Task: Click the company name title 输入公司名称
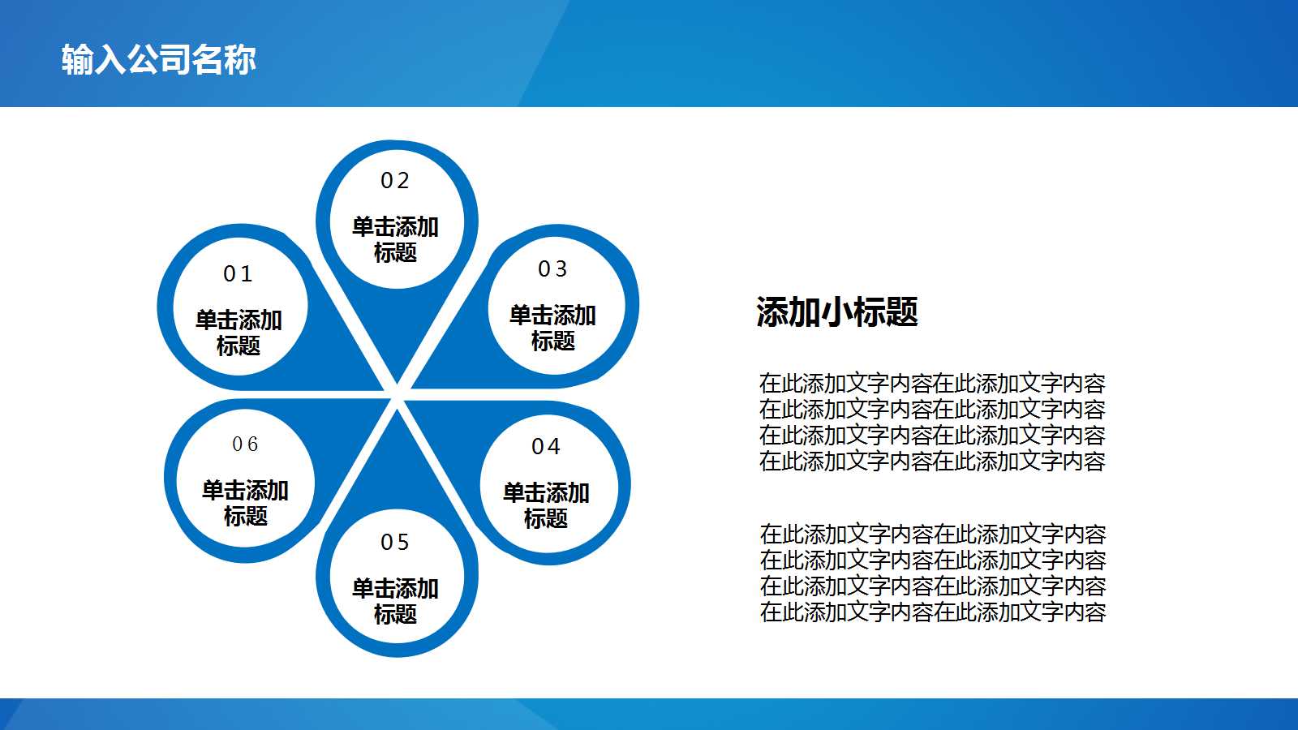159,59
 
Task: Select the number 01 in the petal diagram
238,274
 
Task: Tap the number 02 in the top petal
395,181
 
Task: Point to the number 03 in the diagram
552,269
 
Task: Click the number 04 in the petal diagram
546,447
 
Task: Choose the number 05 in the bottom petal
395,542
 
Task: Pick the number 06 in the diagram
245,444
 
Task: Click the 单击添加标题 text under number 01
239,333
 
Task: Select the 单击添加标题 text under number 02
395,239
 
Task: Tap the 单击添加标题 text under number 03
552,328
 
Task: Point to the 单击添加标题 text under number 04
546,505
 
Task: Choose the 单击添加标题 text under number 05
395,601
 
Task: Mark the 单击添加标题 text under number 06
245,503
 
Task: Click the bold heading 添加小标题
836,312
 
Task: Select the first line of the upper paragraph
932,384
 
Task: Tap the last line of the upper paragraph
932,462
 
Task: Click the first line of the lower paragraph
932,535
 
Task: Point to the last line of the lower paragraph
932,612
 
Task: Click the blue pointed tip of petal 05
397,430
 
